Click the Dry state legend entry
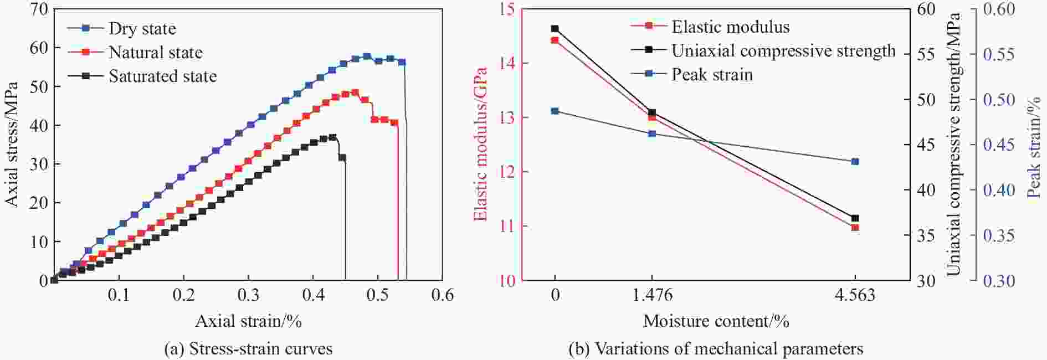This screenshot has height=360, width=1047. point(142,28)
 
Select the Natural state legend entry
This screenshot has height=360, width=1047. point(155,53)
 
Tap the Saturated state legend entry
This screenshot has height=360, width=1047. point(162,76)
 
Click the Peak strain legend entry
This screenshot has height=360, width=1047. point(712,75)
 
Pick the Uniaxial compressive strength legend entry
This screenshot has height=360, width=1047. point(783,51)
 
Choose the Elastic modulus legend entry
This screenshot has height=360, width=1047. point(730,27)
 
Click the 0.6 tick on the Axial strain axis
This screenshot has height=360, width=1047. point(443,295)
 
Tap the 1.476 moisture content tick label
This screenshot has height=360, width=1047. point(652,295)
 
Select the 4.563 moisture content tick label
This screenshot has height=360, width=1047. point(855,295)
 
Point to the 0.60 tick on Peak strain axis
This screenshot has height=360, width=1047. point(999,9)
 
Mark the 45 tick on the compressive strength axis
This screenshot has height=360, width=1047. point(925,145)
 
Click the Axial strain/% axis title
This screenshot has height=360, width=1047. point(248,321)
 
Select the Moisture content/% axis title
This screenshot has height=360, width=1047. point(716,321)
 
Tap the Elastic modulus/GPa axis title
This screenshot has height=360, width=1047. point(480,144)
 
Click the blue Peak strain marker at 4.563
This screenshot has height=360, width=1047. point(855,161)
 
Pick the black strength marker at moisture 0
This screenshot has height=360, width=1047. point(555,28)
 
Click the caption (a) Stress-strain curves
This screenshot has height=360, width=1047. point(248,349)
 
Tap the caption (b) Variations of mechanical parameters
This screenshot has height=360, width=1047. point(716,349)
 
